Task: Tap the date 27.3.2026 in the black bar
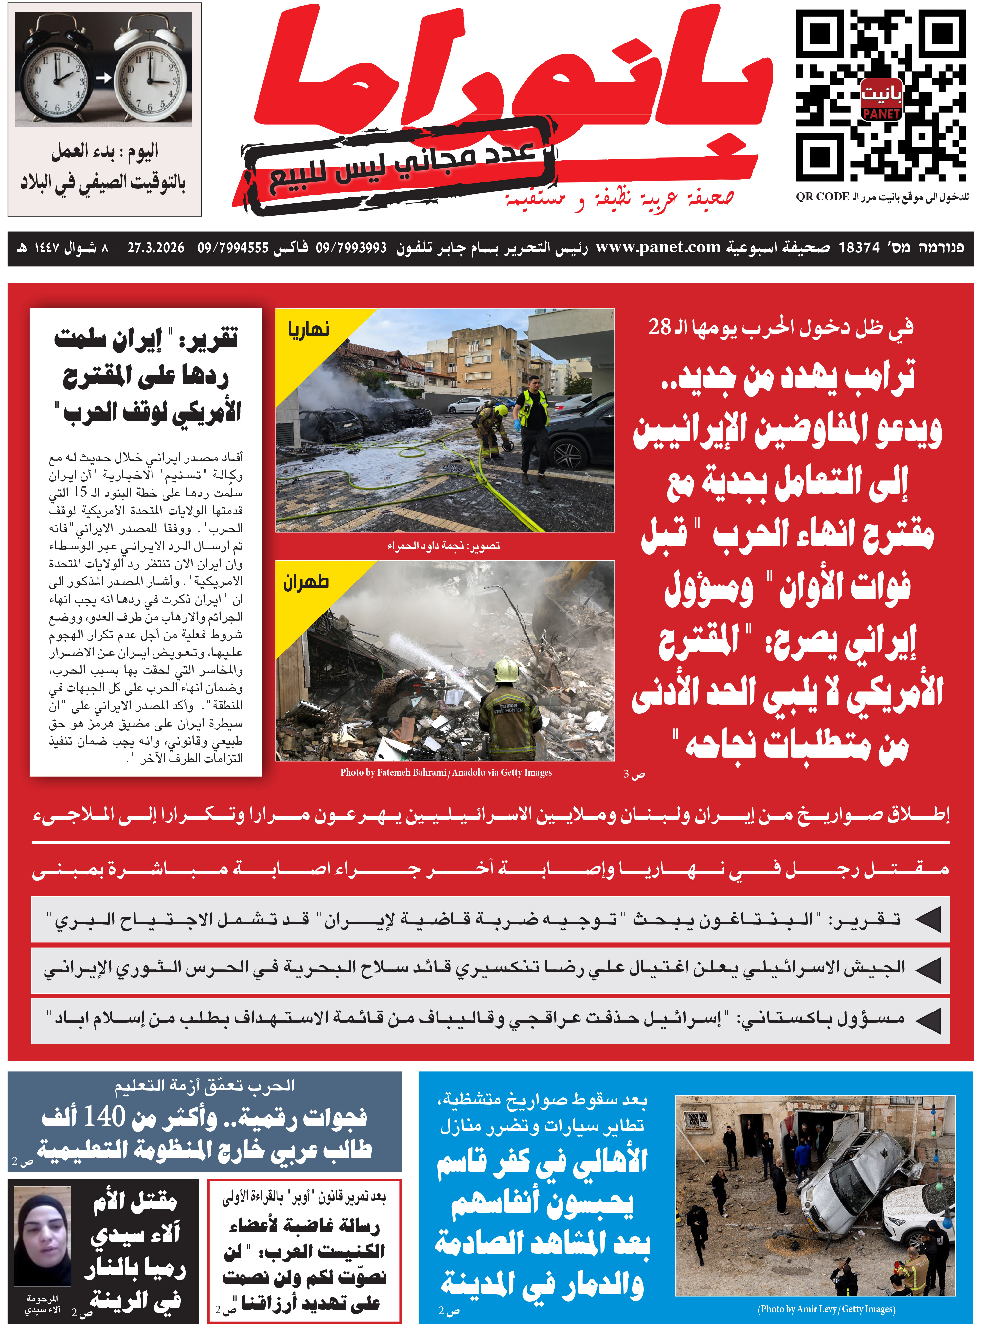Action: [156, 248]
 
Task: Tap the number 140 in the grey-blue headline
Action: [105, 1117]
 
